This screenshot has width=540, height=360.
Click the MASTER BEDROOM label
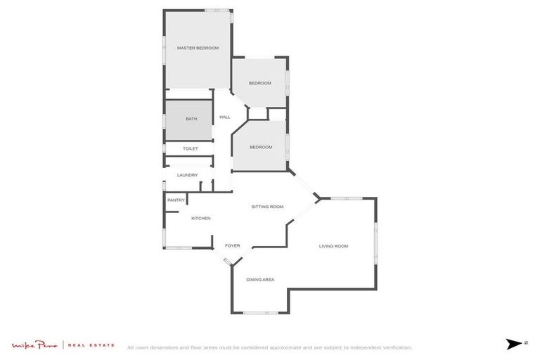click(198, 48)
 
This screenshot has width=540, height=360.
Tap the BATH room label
click(191, 119)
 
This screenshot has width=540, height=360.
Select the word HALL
click(225, 117)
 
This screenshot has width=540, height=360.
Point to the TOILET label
click(191, 148)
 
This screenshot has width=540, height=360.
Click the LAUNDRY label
click(187, 175)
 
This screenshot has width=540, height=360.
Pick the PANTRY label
click(176, 200)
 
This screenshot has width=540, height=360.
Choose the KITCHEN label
click(201, 219)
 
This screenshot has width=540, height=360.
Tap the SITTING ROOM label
click(267, 207)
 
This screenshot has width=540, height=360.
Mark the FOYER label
click(232, 245)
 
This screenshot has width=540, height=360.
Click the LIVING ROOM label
click(333, 246)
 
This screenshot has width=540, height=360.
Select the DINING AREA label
click(259, 280)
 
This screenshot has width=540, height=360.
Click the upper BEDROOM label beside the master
click(259, 83)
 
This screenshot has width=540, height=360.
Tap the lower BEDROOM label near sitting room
click(261, 147)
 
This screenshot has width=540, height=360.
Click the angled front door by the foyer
click(228, 262)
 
